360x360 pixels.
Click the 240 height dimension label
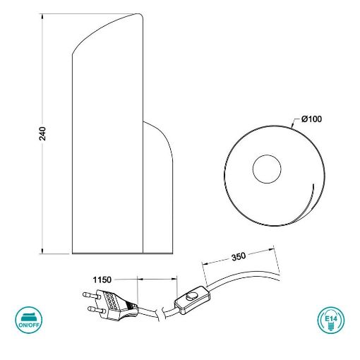point(42,133)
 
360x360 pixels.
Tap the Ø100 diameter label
point(311,119)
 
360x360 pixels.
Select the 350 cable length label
point(239,257)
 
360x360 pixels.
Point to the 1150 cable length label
point(102,280)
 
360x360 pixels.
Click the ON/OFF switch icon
point(29,320)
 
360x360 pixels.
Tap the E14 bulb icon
point(331,320)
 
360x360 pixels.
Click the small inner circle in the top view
point(267,169)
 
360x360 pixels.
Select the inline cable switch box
point(192,300)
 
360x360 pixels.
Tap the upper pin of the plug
point(91,295)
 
